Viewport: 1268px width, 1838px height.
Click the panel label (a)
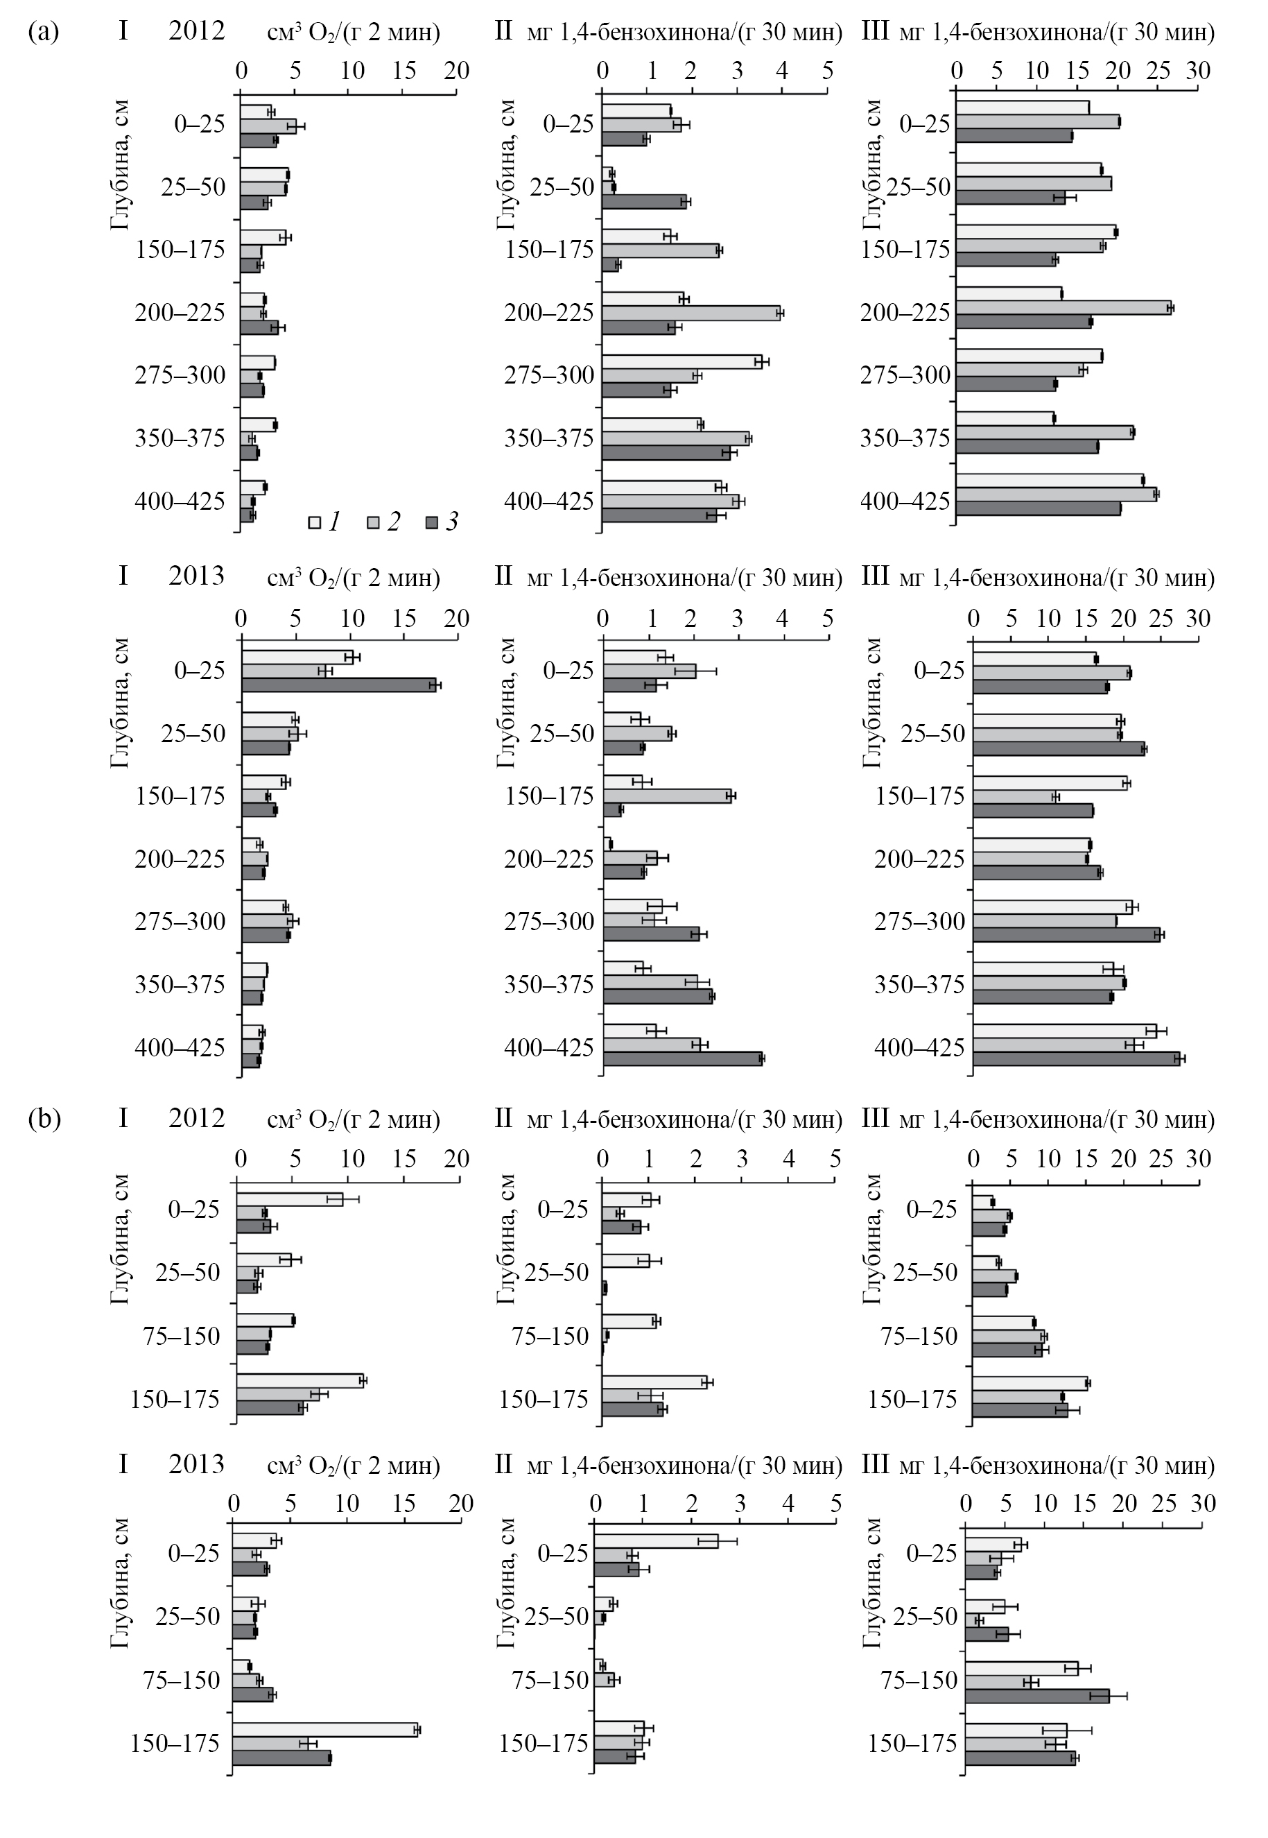[x=43, y=33]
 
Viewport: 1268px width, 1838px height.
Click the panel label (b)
[x=44, y=1119]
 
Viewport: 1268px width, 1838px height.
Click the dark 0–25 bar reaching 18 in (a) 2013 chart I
[x=339, y=685]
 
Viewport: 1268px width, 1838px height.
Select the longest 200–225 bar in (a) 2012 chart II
[x=691, y=313]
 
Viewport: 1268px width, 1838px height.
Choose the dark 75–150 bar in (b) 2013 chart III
[x=1037, y=1696]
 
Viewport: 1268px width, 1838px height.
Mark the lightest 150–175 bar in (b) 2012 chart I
[x=299, y=1381]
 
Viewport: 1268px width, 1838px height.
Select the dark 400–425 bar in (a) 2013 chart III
[x=1077, y=1058]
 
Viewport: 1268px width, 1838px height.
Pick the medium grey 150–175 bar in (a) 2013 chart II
[x=668, y=796]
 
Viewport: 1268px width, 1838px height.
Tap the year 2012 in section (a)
[x=196, y=31]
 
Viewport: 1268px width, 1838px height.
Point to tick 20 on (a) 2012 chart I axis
[x=457, y=71]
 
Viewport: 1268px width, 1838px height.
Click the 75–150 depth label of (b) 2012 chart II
[x=550, y=1336]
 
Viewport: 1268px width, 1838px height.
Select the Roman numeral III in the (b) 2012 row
[x=876, y=1119]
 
